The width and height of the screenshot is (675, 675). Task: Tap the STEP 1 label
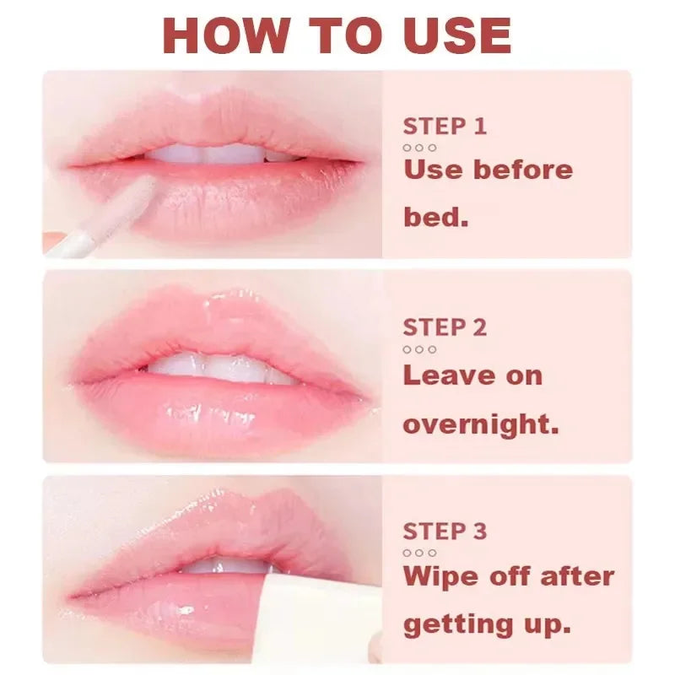[x=445, y=127]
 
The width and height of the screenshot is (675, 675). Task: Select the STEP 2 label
[x=445, y=327]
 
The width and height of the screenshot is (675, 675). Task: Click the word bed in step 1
[x=435, y=218]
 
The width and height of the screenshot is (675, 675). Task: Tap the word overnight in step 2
[x=481, y=424]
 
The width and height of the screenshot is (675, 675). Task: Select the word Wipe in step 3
[x=445, y=577]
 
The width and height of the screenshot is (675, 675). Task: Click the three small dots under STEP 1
[x=419, y=148]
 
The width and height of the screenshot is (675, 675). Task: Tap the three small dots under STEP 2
[x=419, y=349]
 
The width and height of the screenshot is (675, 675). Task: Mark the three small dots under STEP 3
[x=419, y=553]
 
